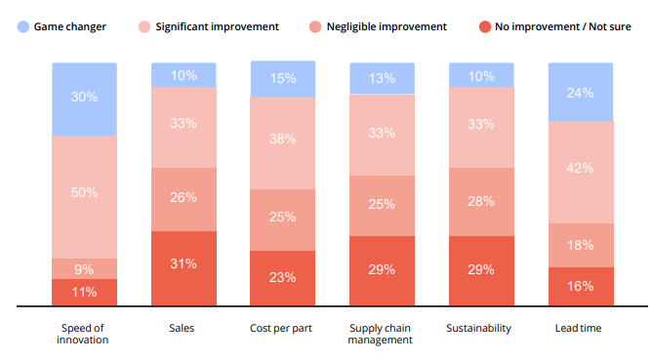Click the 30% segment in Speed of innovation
tap(84, 98)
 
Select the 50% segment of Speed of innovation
tap(84, 193)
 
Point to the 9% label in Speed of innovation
tap(84, 268)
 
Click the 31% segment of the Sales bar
tap(183, 264)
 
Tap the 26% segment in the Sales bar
tap(183, 198)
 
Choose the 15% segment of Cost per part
tap(283, 79)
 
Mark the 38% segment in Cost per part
tap(283, 140)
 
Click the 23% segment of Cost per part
tap(283, 277)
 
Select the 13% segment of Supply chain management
tap(383, 79)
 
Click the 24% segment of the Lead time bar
tap(582, 94)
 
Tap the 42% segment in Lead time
tap(582, 168)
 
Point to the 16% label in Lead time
tap(582, 286)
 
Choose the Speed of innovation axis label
tap(84, 334)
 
